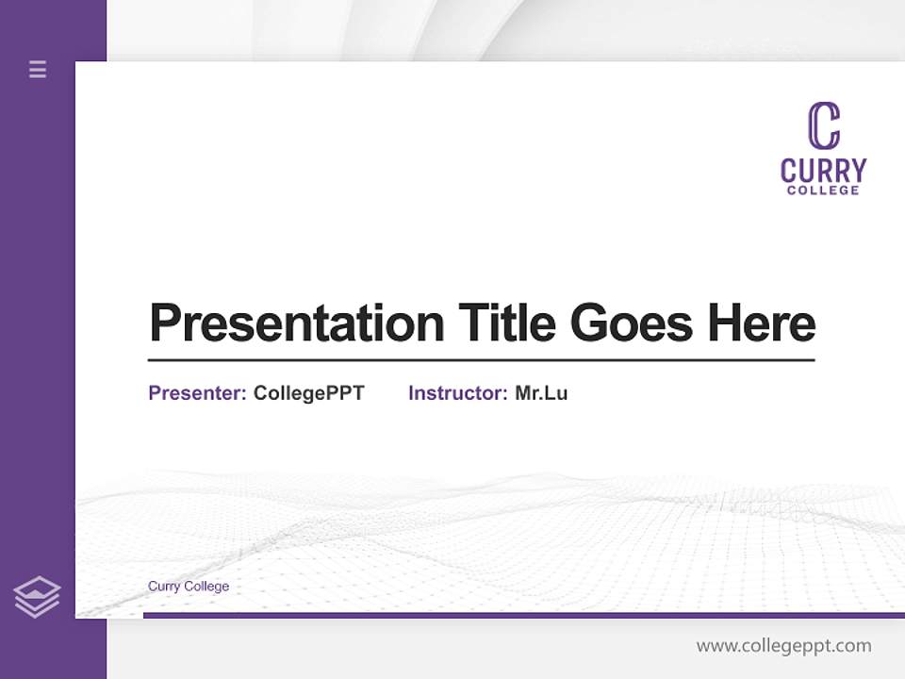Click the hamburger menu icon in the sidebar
pyautogui.click(x=38, y=69)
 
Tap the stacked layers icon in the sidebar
pyautogui.click(x=37, y=597)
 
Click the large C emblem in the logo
pyautogui.click(x=823, y=126)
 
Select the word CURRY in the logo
pyautogui.click(x=823, y=171)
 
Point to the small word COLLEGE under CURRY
pyautogui.click(x=823, y=190)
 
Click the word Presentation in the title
pyautogui.click(x=296, y=323)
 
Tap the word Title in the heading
pyautogui.click(x=507, y=323)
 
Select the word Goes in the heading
pyautogui.click(x=633, y=323)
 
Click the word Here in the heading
pyautogui.click(x=762, y=323)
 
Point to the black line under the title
pyautogui.click(x=481, y=360)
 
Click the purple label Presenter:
pyautogui.click(x=197, y=393)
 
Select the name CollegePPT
pyautogui.click(x=308, y=393)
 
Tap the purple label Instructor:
pyautogui.click(x=457, y=393)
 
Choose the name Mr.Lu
pyautogui.click(x=541, y=393)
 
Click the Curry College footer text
pyautogui.click(x=189, y=587)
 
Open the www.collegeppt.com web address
pyautogui.click(x=783, y=646)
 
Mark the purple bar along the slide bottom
pyautogui.click(x=523, y=615)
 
